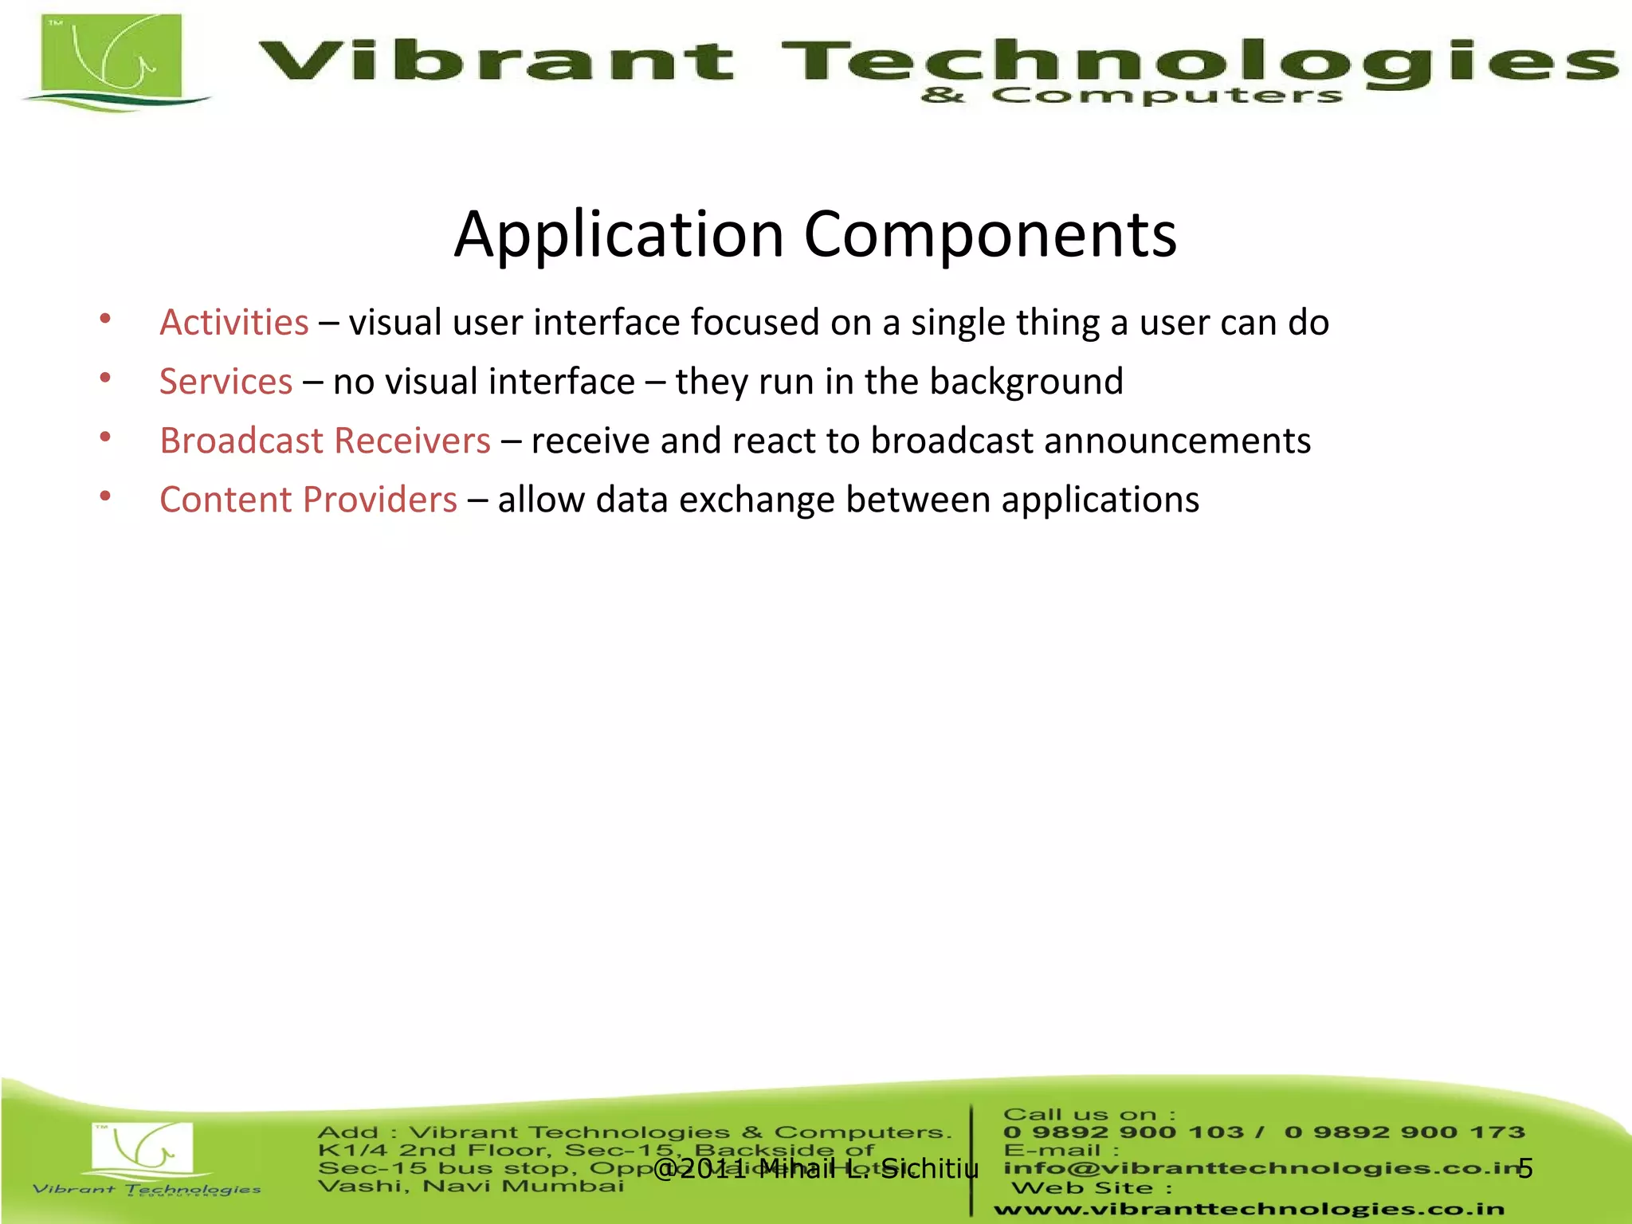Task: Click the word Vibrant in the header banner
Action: click(496, 61)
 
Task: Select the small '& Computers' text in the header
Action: click(1131, 96)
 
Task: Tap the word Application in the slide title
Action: click(619, 235)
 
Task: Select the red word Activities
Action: click(233, 323)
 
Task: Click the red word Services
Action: click(226, 382)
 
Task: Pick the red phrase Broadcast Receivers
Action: click(324, 441)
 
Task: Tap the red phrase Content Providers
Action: click(308, 500)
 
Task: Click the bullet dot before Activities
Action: click(105, 320)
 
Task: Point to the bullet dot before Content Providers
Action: click(105, 496)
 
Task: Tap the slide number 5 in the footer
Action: click(1525, 1168)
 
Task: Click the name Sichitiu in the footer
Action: click(930, 1168)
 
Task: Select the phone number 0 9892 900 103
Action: click(1123, 1132)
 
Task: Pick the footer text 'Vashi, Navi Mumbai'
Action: click(470, 1187)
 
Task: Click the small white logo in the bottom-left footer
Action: click(143, 1147)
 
